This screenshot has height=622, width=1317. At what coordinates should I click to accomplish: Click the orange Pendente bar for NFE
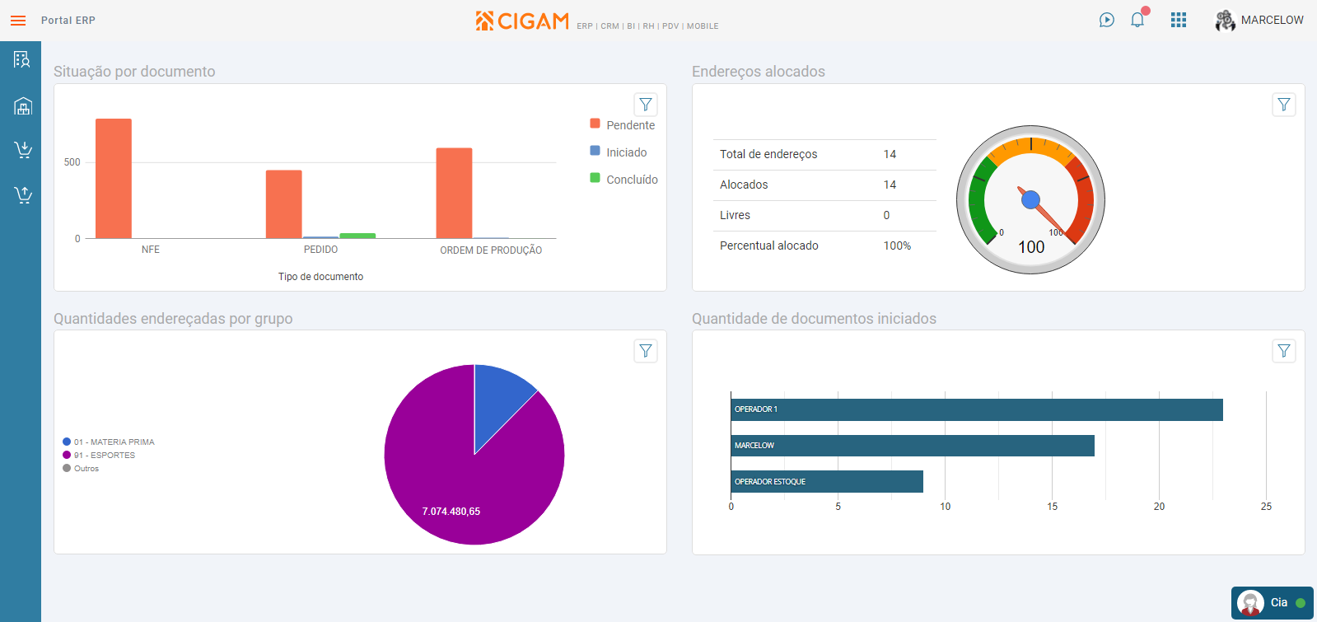pos(114,179)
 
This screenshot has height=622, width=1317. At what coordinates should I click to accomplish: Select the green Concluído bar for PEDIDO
pos(357,236)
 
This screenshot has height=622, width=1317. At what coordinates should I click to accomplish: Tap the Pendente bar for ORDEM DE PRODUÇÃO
pos(454,194)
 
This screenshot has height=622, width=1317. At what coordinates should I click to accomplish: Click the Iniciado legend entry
pos(626,152)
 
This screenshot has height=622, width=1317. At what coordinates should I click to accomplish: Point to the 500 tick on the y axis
pos(72,162)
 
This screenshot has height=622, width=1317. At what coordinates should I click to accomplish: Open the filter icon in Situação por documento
pos(646,105)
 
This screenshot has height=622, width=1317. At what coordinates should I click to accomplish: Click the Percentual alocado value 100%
pos(897,246)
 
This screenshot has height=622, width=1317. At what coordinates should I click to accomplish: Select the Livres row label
pos(735,215)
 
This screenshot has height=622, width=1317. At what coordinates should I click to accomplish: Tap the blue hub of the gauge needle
pos(1030,199)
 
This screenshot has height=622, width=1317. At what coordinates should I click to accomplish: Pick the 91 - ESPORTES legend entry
pos(105,456)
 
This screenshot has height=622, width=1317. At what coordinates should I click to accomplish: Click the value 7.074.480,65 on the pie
pos(451,512)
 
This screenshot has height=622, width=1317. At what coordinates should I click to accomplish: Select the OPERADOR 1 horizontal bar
pos(976,409)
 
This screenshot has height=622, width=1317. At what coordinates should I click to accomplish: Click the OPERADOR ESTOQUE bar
pos(827,482)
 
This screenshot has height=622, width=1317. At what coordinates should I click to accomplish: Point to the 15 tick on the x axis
pos(1052,507)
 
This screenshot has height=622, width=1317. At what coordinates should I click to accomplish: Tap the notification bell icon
pos(1137,20)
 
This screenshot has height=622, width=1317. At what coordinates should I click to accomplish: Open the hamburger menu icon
pos(18,21)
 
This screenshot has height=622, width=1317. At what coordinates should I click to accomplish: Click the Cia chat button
pos(1272,603)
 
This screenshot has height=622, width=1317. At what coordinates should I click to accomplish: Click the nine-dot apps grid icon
pos(1179,20)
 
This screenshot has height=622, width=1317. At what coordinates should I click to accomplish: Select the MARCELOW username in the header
pos(1272,20)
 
